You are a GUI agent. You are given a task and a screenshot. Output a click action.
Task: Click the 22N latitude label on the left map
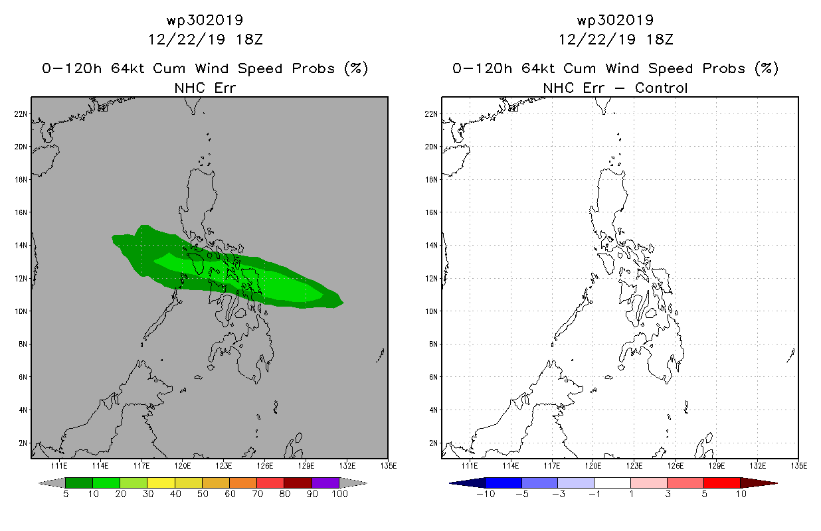[x=21, y=114]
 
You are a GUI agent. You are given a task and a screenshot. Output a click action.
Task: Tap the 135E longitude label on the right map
[x=799, y=466]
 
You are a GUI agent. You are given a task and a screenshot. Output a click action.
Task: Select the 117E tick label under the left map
[x=141, y=466]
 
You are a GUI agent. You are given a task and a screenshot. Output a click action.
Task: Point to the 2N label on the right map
[x=433, y=443]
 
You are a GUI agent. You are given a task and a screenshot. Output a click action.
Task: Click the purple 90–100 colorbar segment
[x=325, y=483]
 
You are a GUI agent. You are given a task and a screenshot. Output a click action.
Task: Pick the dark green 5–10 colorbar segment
[x=79, y=483]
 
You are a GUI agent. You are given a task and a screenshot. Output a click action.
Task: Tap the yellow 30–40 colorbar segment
[x=161, y=483]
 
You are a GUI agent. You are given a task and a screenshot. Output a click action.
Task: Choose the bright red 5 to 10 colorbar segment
[x=722, y=483]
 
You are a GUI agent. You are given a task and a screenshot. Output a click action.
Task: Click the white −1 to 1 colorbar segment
[x=612, y=483]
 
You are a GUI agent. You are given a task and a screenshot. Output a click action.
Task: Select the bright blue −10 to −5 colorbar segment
[x=503, y=483]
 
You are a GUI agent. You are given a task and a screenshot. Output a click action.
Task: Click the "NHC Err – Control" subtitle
[x=615, y=88]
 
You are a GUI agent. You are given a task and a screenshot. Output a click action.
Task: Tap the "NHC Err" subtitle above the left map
[x=205, y=88]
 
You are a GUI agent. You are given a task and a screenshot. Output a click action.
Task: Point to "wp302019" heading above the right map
[x=615, y=20]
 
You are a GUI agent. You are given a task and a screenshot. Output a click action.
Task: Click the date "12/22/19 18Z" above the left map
[x=205, y=40]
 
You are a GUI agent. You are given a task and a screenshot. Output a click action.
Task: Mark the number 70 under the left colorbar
[x=257, y=494]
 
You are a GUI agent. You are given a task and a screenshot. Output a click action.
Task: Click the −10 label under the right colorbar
[x=486, y=494]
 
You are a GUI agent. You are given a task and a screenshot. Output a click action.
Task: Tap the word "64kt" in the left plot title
[x=128, y=68]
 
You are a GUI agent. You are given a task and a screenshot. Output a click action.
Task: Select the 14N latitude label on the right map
[x=431, y=246]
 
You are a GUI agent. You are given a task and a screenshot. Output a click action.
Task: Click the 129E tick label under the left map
[x=306, y=466]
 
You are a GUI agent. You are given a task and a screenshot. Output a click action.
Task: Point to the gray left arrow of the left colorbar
[x=52, y=483]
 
